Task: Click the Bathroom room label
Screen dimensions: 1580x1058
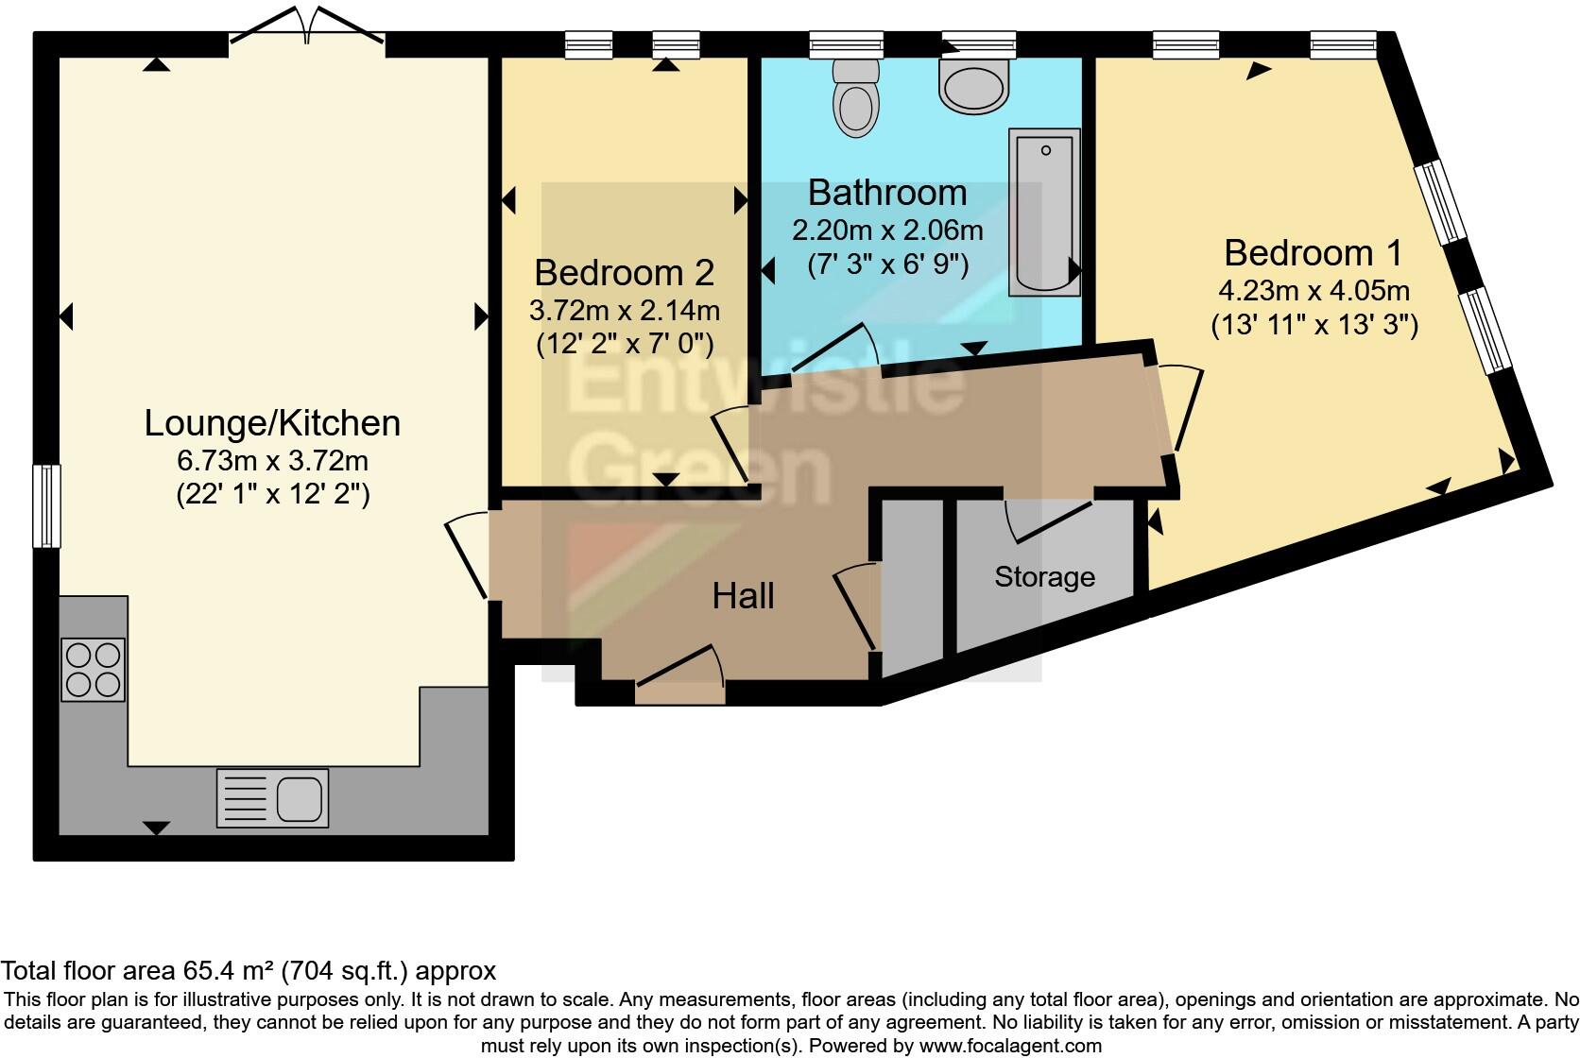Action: click(886, 193)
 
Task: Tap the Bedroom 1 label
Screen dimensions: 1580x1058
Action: click(1314, 253)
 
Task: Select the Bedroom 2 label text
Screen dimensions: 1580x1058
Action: click(625, 273)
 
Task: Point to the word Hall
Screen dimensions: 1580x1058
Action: click(743, 596)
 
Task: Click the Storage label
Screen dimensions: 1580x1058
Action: click(1044, 577)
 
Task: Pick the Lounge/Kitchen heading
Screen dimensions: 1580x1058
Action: click(272, 423)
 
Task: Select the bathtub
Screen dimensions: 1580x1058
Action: click(1044, 212)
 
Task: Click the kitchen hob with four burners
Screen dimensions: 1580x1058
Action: click(94, 670)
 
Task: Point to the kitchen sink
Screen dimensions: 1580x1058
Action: click(272, 797)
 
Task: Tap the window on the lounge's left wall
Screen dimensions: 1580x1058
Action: click(46, 505)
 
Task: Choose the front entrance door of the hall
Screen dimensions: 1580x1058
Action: click(680, 677)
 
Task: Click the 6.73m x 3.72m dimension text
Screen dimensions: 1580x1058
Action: click(272, 461)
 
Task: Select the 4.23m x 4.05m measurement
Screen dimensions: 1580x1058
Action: click(1314, 291)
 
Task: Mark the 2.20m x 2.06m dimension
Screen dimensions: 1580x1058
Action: click(887, 230)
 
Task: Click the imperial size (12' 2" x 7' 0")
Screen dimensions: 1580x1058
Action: click(625, 344)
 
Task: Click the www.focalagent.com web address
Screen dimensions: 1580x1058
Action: click(1011, 1046)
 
